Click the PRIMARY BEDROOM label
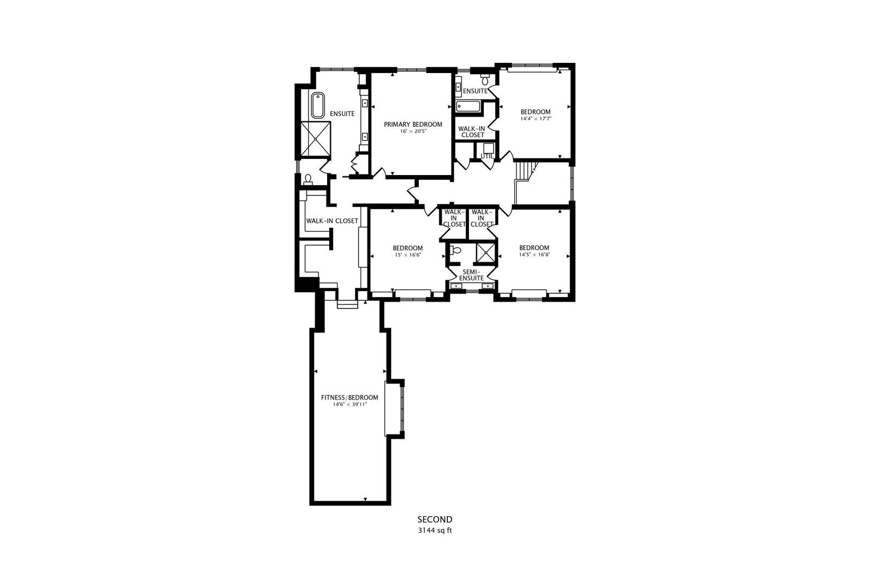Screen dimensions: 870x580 click(413, 124)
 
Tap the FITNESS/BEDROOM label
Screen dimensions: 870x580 click(350, 397)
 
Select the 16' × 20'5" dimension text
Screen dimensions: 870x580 click(414, 132)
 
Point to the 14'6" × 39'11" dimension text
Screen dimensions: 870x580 click(350, 404)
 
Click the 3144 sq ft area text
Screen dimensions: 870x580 click(435, 531)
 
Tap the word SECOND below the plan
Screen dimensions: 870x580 click(435, 519)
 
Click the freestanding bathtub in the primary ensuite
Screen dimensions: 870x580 click(318, 105)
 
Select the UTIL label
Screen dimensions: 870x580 click(487, 156)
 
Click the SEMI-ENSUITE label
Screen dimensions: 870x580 click(472, 275)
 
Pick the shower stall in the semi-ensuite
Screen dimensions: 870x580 click(486, 253)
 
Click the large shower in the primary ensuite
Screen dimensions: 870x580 click(316, 139)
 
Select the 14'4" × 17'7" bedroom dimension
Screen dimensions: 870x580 click(536, 119)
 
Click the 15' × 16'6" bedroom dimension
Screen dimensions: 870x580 click(408, 255)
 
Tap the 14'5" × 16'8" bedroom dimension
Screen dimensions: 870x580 click(534, 255)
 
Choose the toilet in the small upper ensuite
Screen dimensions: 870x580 click(485, 79)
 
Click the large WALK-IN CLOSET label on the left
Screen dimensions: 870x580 click(332, 221)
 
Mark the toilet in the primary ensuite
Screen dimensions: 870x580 click(308, 179)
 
